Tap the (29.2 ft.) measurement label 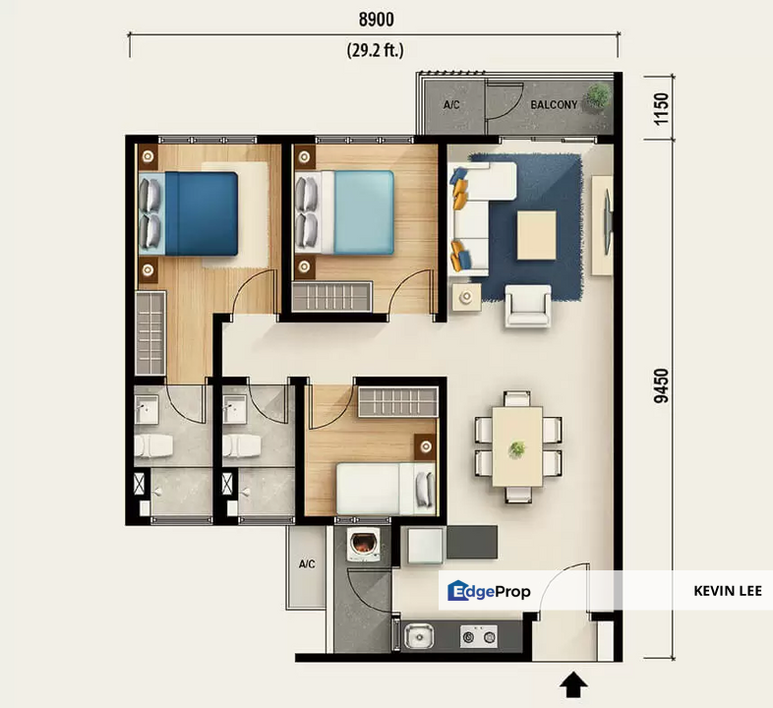coord(374,49)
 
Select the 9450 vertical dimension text coord(661,385)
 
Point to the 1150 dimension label coord(661,104)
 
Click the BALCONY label coord(554,104)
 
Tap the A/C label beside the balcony coord(452,104)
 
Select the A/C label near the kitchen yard coord(307,564)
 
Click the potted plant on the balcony coord(596,95)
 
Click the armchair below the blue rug coord(528,306)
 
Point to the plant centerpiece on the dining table coord(516,448)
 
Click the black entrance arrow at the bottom coord(575,684)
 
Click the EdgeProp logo coord(489,591)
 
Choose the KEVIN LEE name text coord(734,591)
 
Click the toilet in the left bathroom coord(155,447)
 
